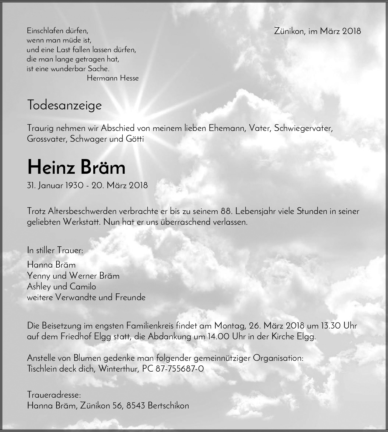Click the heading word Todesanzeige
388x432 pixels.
coord(64,105)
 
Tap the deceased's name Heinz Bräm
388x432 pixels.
coord(76,167)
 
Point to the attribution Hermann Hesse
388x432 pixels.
coord(113,78)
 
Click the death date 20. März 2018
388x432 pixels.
coord(120,185)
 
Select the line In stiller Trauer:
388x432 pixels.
coord(55,250)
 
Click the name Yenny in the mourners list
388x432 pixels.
coord(38,276)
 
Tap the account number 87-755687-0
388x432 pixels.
coord(180,369)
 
